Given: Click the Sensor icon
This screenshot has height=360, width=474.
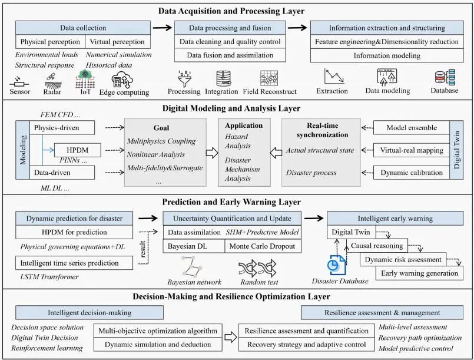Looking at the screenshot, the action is click(19, 82).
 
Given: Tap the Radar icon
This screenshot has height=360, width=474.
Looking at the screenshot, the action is click(52, 81).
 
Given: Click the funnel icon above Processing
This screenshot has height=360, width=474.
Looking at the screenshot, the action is click(184, 78).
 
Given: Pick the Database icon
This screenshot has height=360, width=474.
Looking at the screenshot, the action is click(445, 78).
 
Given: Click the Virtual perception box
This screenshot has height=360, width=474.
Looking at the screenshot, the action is click(118, 42).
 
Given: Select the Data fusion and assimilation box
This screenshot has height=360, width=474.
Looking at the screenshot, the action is click(230, 55).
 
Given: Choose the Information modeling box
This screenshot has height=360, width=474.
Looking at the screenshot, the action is click(387, 55).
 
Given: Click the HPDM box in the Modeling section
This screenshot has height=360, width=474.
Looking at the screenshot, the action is click(78, 150).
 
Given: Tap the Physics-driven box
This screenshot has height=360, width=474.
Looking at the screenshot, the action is click(62, 128).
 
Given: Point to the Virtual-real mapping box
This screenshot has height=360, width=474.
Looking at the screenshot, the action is click(412, 150).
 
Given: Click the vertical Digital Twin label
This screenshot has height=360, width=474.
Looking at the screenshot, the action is click(456, 150).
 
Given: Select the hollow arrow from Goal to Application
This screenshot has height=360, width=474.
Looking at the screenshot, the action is click(212, 153).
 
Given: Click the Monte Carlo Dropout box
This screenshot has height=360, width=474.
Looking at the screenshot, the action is click(263, 246).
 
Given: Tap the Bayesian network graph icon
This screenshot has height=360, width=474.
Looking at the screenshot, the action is click(191, 267).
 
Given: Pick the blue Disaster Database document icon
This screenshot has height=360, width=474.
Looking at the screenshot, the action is click(336, 265).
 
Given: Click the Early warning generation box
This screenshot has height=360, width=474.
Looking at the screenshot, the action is click(420, 273).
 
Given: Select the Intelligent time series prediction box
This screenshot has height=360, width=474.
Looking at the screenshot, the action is click(74, 263).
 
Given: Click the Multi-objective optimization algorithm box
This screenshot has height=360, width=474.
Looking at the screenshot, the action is click(158, 331).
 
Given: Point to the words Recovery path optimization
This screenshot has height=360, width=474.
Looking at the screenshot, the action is click(420, 338).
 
